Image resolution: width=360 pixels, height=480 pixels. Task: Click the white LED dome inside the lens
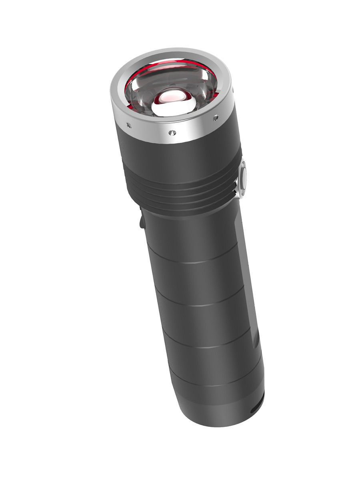point(173,103)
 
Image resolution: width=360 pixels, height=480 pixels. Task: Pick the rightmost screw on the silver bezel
point(216,118)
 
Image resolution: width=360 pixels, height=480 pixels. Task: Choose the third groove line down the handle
point(208,348)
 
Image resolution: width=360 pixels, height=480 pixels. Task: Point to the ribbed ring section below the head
point(184,192)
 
